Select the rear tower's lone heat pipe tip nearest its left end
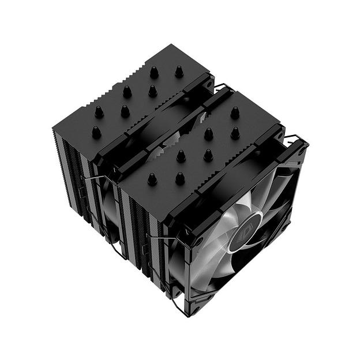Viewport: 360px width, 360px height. point(96,132)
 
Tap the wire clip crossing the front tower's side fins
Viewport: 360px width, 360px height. point(155,237)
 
